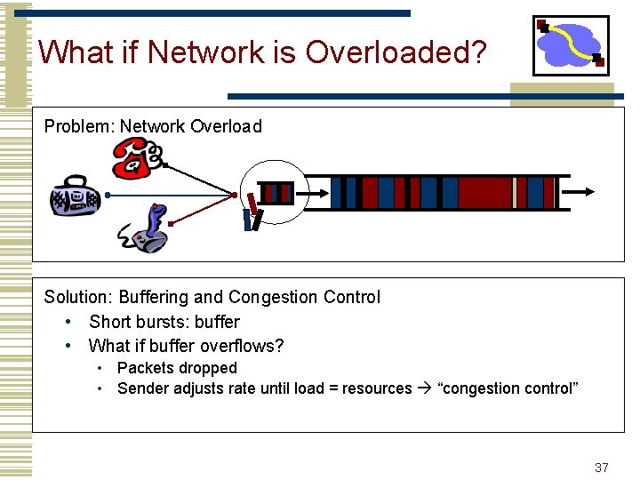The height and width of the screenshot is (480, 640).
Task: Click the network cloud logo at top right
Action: click(x=571, y=44)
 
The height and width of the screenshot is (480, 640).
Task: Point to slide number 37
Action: click(x=602, y=468)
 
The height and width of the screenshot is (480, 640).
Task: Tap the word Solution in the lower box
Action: click(x=78, y=297)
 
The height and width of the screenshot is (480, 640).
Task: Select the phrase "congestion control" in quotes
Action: click(x=508, y=388)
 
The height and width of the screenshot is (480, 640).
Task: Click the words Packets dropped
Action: click(x=177, y=368)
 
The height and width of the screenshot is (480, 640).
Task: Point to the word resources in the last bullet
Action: click(x=377, y=388)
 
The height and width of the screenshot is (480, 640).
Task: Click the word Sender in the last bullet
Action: click(x=144, y=388)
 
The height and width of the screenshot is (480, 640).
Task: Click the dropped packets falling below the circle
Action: click(x=253, y=213)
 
